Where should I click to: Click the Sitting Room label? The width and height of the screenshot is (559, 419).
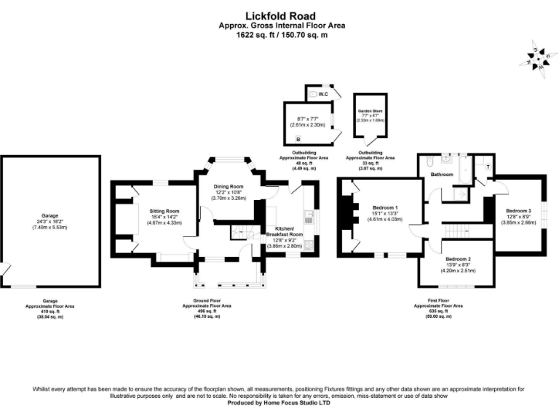point(164,211)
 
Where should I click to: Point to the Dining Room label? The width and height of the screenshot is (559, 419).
point(228,186)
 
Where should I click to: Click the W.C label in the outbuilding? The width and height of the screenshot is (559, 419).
point(323,95)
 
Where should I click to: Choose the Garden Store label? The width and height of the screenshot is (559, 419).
point(370,111)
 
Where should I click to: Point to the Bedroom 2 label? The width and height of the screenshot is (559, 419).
point(459,259)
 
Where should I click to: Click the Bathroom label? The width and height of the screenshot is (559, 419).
point(442,175)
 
